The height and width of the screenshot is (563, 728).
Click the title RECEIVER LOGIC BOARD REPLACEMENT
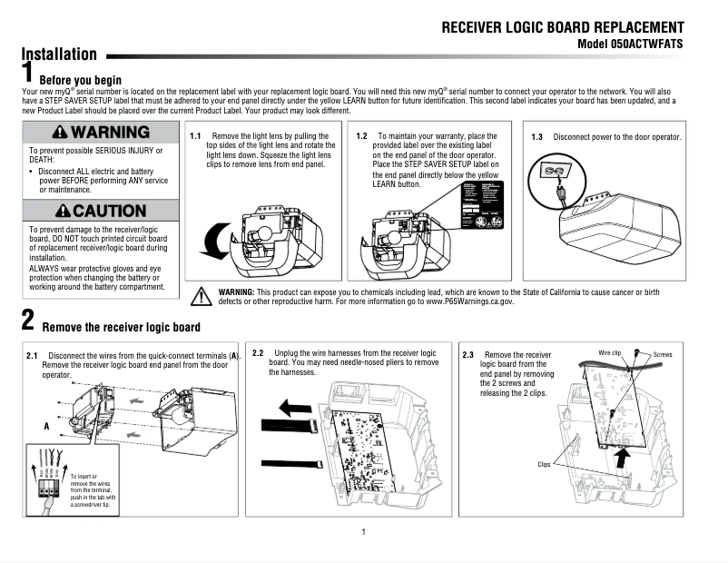pyautogui.click(x=563, y=27)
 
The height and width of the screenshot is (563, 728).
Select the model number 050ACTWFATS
pyautogui.click(x=630, y=44)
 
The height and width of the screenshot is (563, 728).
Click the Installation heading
pyautogui.click(x=59, y=54)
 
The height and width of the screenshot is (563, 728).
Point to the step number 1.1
pyautogui.click(x=195, y=136)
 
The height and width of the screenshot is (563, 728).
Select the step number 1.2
pyautogui.click(x=361, y=136)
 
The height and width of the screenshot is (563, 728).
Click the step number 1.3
pyautogui.click(x=536, y=137)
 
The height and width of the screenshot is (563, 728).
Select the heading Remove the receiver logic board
pyautogui.click(x=122, y=327)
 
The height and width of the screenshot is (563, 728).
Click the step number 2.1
pyautogui.click(x=32, y=355)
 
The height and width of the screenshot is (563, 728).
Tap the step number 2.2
pyautogui.click(x=258, y=352)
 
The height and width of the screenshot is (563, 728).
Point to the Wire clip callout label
pyautogui.click(x=609, y=351)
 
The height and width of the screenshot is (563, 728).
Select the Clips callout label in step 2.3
pyautogui.click(x=543, y=464)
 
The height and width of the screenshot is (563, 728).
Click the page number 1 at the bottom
pyautogui.click(x=363, y=531)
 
